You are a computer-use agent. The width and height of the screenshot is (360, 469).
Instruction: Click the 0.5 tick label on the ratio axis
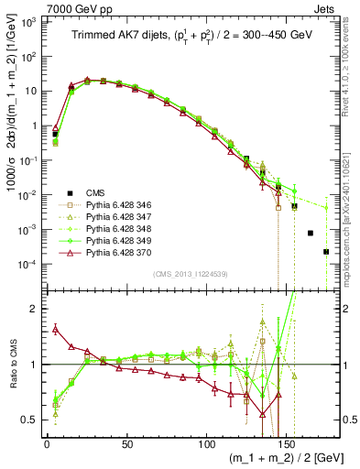pyautogui.click(x=29, y=420)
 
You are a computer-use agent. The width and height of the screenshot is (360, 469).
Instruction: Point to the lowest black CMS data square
pyautogui.click(x=326, y=251)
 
